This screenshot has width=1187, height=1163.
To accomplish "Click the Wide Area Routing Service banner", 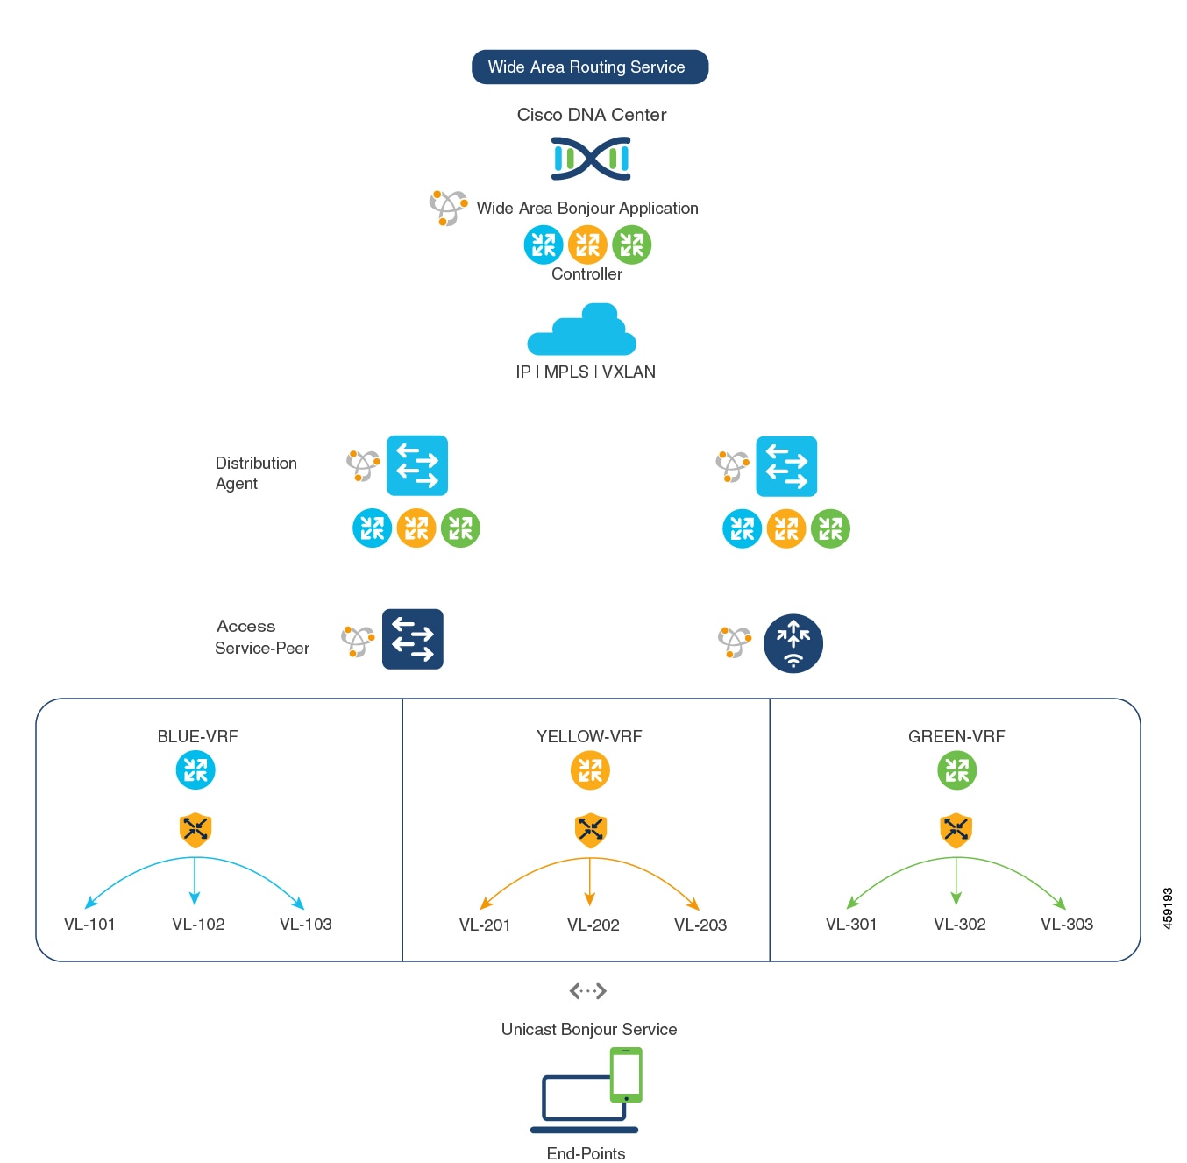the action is (589, 67).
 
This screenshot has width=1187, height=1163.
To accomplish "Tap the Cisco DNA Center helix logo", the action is (591, 159).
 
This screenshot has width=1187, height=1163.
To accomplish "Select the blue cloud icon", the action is (581, 329).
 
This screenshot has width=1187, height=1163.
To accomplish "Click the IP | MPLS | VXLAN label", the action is (586, 372).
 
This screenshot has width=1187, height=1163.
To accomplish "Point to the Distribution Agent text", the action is (256, 472).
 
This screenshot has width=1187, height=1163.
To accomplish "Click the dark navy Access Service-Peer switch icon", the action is (412, 639).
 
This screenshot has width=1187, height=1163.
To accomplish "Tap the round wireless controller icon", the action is (793, 643).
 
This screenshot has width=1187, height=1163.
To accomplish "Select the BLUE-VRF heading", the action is (197, 736).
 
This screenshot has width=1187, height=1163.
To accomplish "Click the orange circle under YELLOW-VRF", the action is (590, 770).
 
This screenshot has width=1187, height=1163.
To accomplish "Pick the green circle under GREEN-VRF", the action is (956, 770).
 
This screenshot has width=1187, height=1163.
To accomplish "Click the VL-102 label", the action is (198, 924).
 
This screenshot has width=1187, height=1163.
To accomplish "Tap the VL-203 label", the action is (700, 924).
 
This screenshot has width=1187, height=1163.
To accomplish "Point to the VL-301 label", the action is (850, 924).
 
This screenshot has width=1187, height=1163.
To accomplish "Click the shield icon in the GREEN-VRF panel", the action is (956, 829).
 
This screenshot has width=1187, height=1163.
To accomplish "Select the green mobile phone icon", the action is (626, 1074).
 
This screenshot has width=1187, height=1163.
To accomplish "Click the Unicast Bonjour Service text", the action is (589, 1029).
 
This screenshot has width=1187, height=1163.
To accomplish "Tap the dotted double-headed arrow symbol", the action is (587, 990).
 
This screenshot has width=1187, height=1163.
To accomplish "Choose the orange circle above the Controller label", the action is (587, 245).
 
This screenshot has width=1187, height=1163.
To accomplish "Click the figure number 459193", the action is (1167, 908).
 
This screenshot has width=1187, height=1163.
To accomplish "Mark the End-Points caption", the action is (586, 1153).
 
